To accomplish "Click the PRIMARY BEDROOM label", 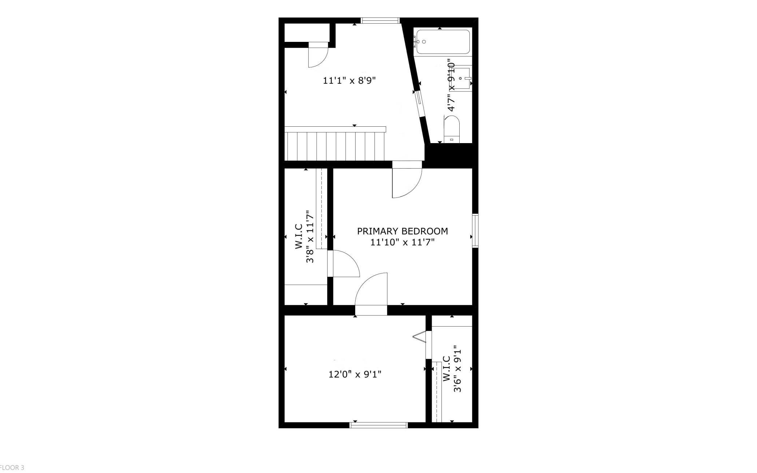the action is [402, 231].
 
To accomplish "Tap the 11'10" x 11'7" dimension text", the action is [403, 242].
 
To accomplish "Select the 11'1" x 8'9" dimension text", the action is [349, 80].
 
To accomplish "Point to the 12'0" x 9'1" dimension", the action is [355, 374].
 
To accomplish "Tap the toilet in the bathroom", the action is [452, 129].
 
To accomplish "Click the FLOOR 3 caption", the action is [12, 468].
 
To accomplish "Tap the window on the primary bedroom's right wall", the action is [475, 231].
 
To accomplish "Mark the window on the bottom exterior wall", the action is [378, 425].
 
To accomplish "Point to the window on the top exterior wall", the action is [380, 20].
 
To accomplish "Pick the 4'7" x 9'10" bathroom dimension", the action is [451, 85].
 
